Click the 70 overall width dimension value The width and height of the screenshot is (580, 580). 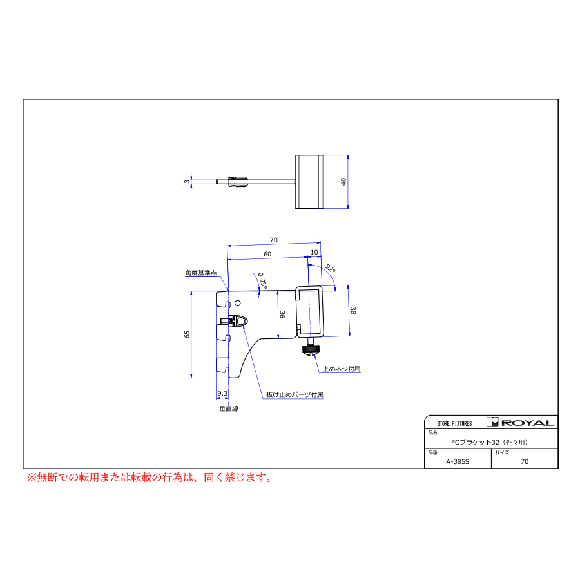click(x=273, y=240)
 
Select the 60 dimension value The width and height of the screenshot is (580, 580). click(x=267, y=254)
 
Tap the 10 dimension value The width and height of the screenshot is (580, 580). click(x=314, y=252)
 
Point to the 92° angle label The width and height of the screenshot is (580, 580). click(x=331, y=269)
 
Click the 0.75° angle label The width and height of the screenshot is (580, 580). click(x=262, y=281)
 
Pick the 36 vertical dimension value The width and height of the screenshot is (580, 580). click(x=282, y=314)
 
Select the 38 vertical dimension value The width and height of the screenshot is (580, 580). click(x=353, y=311)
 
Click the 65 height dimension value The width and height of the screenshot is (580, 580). click(x=187, y=334)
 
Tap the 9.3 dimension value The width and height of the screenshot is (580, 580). click(x=222, y=393)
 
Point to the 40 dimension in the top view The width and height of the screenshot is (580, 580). click(x=343, y=182)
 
